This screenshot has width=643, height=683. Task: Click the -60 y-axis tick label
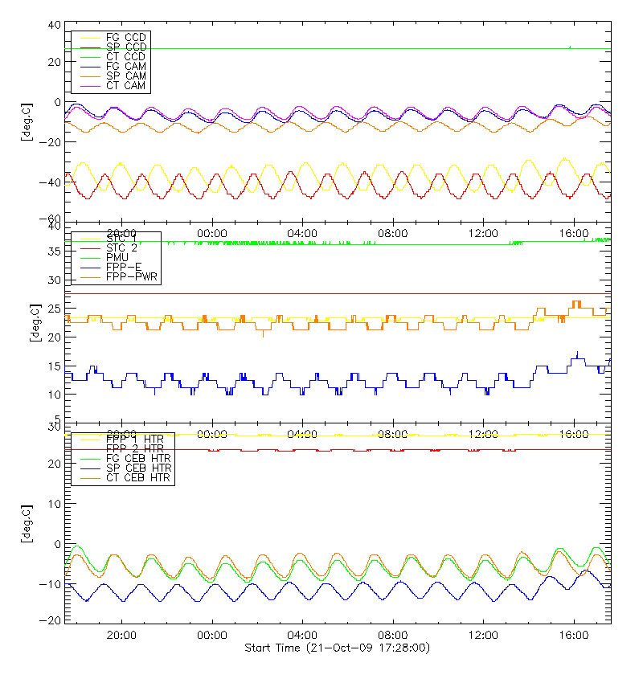click(51, 219)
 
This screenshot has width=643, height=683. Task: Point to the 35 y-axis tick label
click(54, 252)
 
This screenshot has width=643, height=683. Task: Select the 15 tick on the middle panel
click(54, 366)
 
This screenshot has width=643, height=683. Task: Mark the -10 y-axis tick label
click(51, 583)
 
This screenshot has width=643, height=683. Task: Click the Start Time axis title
click(337, 647)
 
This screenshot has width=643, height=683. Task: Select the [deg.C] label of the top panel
click(29, 122)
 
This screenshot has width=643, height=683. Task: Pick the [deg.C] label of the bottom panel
click(29, 523)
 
